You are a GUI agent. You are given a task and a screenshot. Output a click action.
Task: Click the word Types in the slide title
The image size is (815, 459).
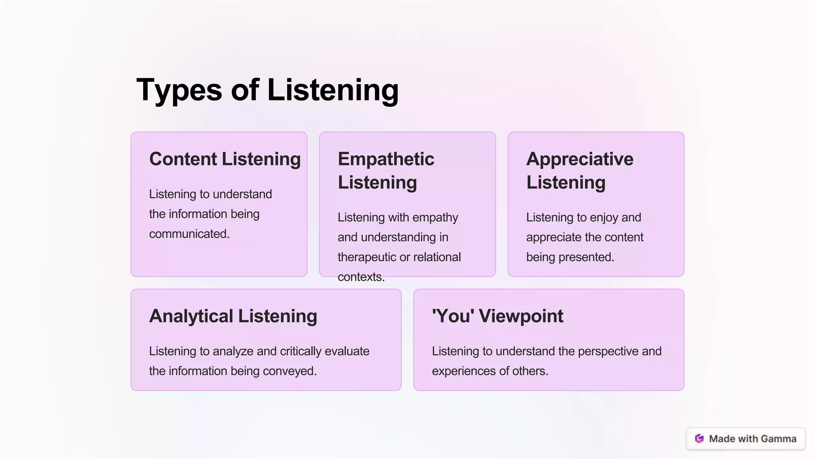[x=179, y=90]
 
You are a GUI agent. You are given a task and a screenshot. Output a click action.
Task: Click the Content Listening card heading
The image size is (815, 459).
[x=225, y=159]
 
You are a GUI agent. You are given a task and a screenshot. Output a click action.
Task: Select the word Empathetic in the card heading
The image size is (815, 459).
[x=386, y=159]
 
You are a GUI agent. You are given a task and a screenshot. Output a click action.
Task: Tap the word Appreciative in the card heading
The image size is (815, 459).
[x=579, y=159]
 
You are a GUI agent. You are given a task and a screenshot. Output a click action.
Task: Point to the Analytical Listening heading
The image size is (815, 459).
[x=233, y=316]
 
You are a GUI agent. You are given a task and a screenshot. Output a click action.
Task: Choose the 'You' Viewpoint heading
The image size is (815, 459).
[x=497, y=316]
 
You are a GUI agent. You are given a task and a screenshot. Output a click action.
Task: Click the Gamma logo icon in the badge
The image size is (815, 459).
[x=699, y=439]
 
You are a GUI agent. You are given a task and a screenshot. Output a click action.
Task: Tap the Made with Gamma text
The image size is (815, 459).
[x=753, y=439]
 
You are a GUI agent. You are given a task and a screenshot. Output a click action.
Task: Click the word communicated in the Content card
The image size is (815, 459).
[x=189, y=234]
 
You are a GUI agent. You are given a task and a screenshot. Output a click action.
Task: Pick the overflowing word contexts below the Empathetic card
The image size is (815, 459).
[x=361, y=277]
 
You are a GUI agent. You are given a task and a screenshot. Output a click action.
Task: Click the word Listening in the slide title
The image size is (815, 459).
[x=333, y=90]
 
